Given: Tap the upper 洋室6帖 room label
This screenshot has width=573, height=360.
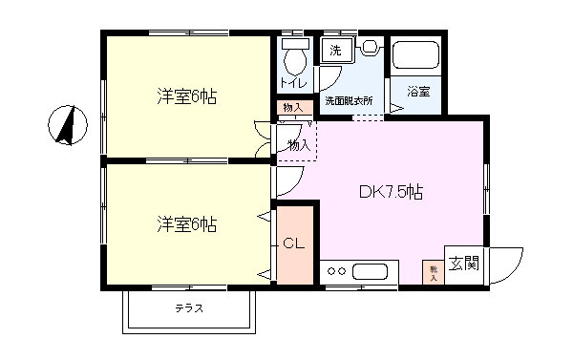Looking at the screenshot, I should click(x=187, y=96).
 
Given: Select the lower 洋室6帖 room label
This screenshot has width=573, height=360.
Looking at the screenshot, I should click(x=187, y=224).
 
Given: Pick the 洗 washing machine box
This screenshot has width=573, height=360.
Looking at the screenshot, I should click(x=335, y=50).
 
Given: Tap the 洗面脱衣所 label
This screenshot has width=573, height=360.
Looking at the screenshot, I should click(x=348, y=99).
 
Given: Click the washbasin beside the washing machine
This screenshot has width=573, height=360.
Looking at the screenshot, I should click(x=369, y=48).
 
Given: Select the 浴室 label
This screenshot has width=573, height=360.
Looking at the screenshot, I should click(x=417, y=92).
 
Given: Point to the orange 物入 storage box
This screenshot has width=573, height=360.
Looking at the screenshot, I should click(x=292, y=107).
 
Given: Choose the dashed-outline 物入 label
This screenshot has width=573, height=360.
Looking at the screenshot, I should click(x=298, y=145).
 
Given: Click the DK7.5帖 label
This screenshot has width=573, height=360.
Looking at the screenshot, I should click(x=391, y=192).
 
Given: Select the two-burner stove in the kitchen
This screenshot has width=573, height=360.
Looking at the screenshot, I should click(x=335, y=272).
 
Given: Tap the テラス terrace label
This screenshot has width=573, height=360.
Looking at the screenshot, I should click(x=188, y=308).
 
